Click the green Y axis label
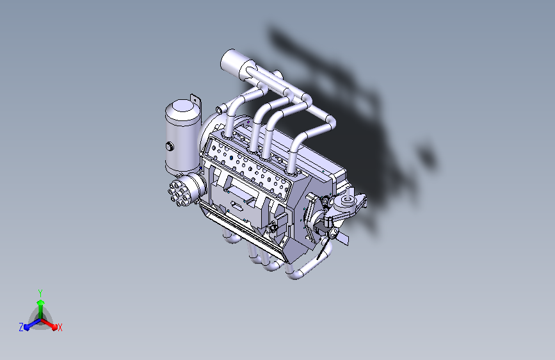[x=40, y=292]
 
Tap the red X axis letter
[x=60, y=328]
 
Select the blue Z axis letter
[x=21, y=327]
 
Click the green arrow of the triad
[x=40, y=304]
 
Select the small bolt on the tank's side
[x=169, y=147]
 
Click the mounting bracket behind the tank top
[x=196, y=101]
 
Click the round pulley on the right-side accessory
[x=348, y=203]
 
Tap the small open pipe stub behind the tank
[x=218, y=110]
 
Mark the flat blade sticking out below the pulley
[x=342, y=238]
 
